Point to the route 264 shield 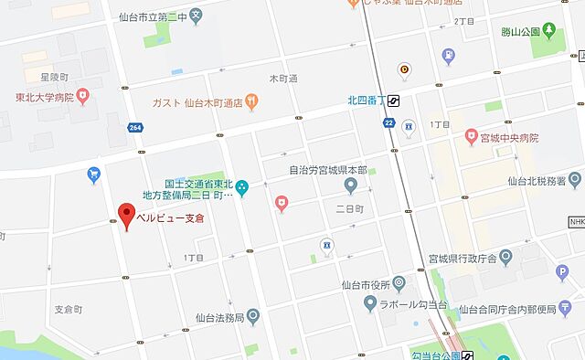(135, 127)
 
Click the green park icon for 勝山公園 (548, 31)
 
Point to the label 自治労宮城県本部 (302, 169)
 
